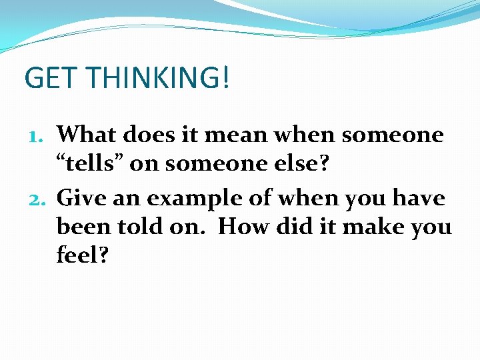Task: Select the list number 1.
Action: pyautogui.click(x=39, y=135)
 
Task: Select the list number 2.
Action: pyautogui.click(x=39, y=198)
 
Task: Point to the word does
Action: pyautogui.click(x=153, y=135)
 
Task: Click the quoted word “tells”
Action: pyautogui.click(x=89, y=165)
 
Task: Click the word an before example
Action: pyautogui.click(x=131, y=198)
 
